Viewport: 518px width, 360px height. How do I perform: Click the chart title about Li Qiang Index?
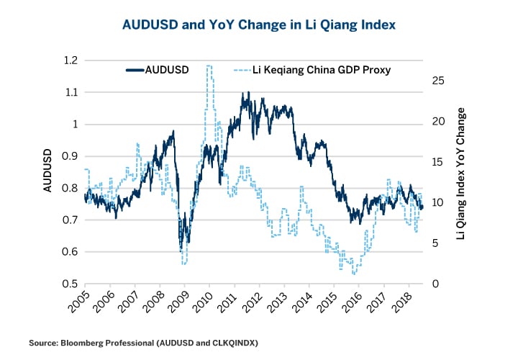click(x=259, y=24)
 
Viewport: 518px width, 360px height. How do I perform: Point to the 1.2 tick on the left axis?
click(x=69, y=60)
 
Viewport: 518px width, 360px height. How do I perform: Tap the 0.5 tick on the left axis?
click(x=69, y=284)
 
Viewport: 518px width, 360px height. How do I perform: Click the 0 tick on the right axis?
click(x=430, y=284)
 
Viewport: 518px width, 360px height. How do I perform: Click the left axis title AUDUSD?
click(x=47, y=172)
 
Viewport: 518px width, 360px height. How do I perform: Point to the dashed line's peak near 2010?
click(x=209, y=66)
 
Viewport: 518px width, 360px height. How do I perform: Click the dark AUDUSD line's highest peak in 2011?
click(x=248, y=92)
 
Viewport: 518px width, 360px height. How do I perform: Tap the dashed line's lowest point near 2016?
click(x=353, y=274)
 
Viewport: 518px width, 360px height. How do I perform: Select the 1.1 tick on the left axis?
click(x=69, y=92)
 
